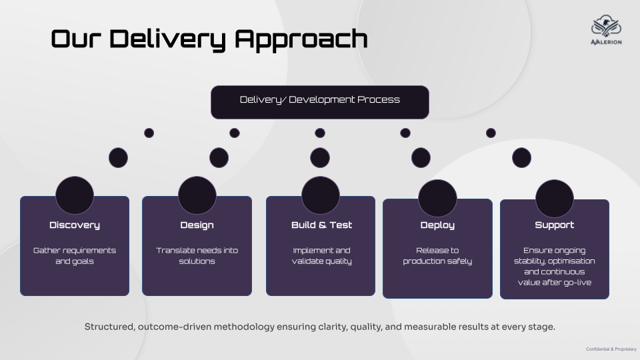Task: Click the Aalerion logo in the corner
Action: (x=606, y=30)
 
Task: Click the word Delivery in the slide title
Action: (x=167, y=39)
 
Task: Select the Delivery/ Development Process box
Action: (x=320, y=102)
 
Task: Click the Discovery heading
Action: (x=75, y=225)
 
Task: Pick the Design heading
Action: (x=197, y=225)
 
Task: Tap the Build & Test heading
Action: (x=321, y=225)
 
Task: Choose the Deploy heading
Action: (x=437, y=225)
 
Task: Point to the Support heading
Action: (x=554, y=225)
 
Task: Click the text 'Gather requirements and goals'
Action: (x=75, y=256)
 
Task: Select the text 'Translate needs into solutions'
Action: (x=197, y=256)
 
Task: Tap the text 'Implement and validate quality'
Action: (x=321, y=256)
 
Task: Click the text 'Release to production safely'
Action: (x=437, y=256)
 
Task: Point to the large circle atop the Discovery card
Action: (x=75, y=195)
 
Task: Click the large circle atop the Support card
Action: (x=554, y=199)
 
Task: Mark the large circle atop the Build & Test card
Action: (x=321, y=195)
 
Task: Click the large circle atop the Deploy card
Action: (x=437, y=198)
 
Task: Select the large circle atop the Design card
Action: (x=197, y=195)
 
